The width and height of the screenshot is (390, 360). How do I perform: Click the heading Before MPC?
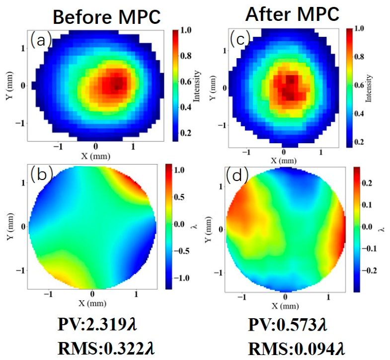click(x=107, y=17)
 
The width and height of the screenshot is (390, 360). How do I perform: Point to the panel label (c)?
click(x=240, y=38)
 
